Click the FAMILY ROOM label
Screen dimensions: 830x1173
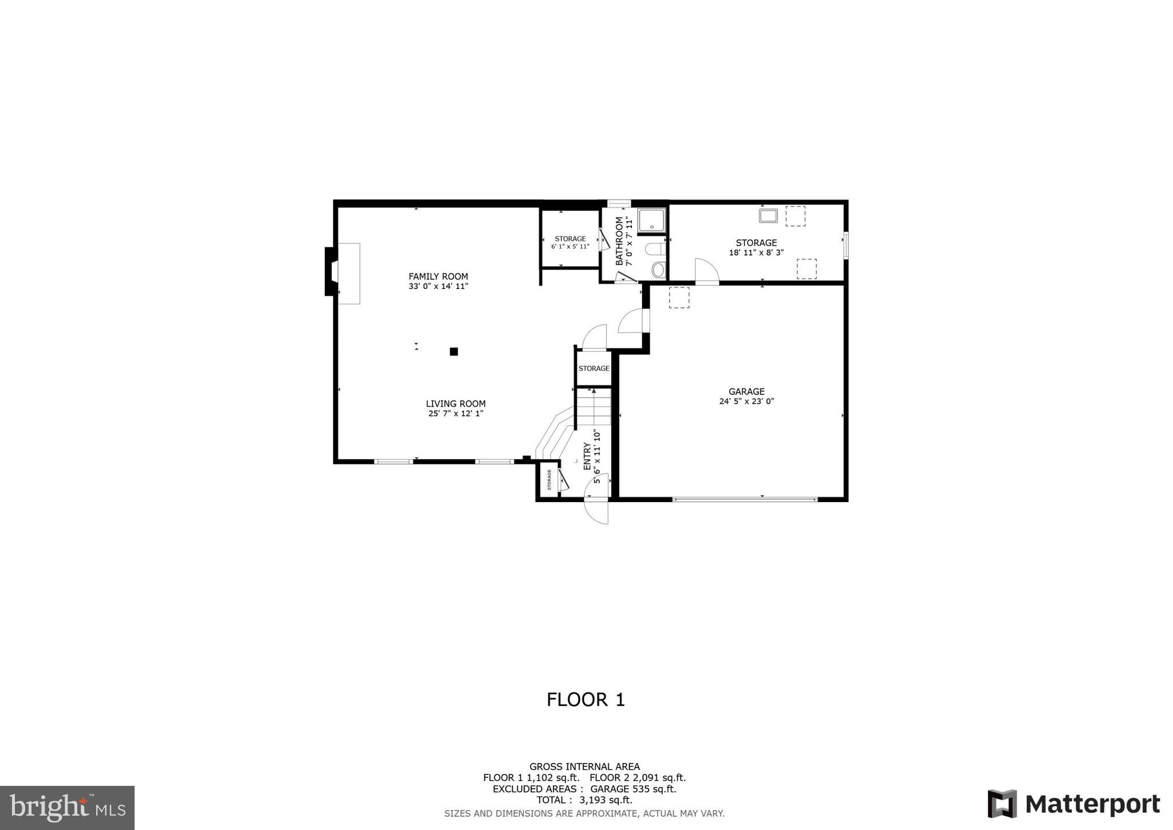(x=438, y=276)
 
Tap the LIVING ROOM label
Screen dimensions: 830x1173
(x=455, y=404)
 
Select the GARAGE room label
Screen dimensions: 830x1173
(x=746, y=391)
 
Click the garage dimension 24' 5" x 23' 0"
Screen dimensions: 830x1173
(x=746, y=402)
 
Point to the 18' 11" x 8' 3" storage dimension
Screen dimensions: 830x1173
(x=756, y=253)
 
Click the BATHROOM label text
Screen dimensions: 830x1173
(x=619, y=241)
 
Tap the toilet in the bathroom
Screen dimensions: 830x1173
(x=655, y=249)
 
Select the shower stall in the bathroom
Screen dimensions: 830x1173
(x=652, y=220)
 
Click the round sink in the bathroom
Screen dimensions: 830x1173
(x=659, y=269)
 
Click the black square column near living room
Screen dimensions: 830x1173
(x=454, y=351)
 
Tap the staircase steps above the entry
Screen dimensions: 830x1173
(x=593, y=407)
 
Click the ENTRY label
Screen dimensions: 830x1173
(x=587, y=456)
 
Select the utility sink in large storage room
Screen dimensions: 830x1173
(x=768, y=216)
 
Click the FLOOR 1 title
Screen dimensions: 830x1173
(x=585, y=700)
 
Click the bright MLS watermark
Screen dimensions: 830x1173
(x=67, y=808)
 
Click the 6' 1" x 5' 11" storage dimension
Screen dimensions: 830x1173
(x=570, y=246)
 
